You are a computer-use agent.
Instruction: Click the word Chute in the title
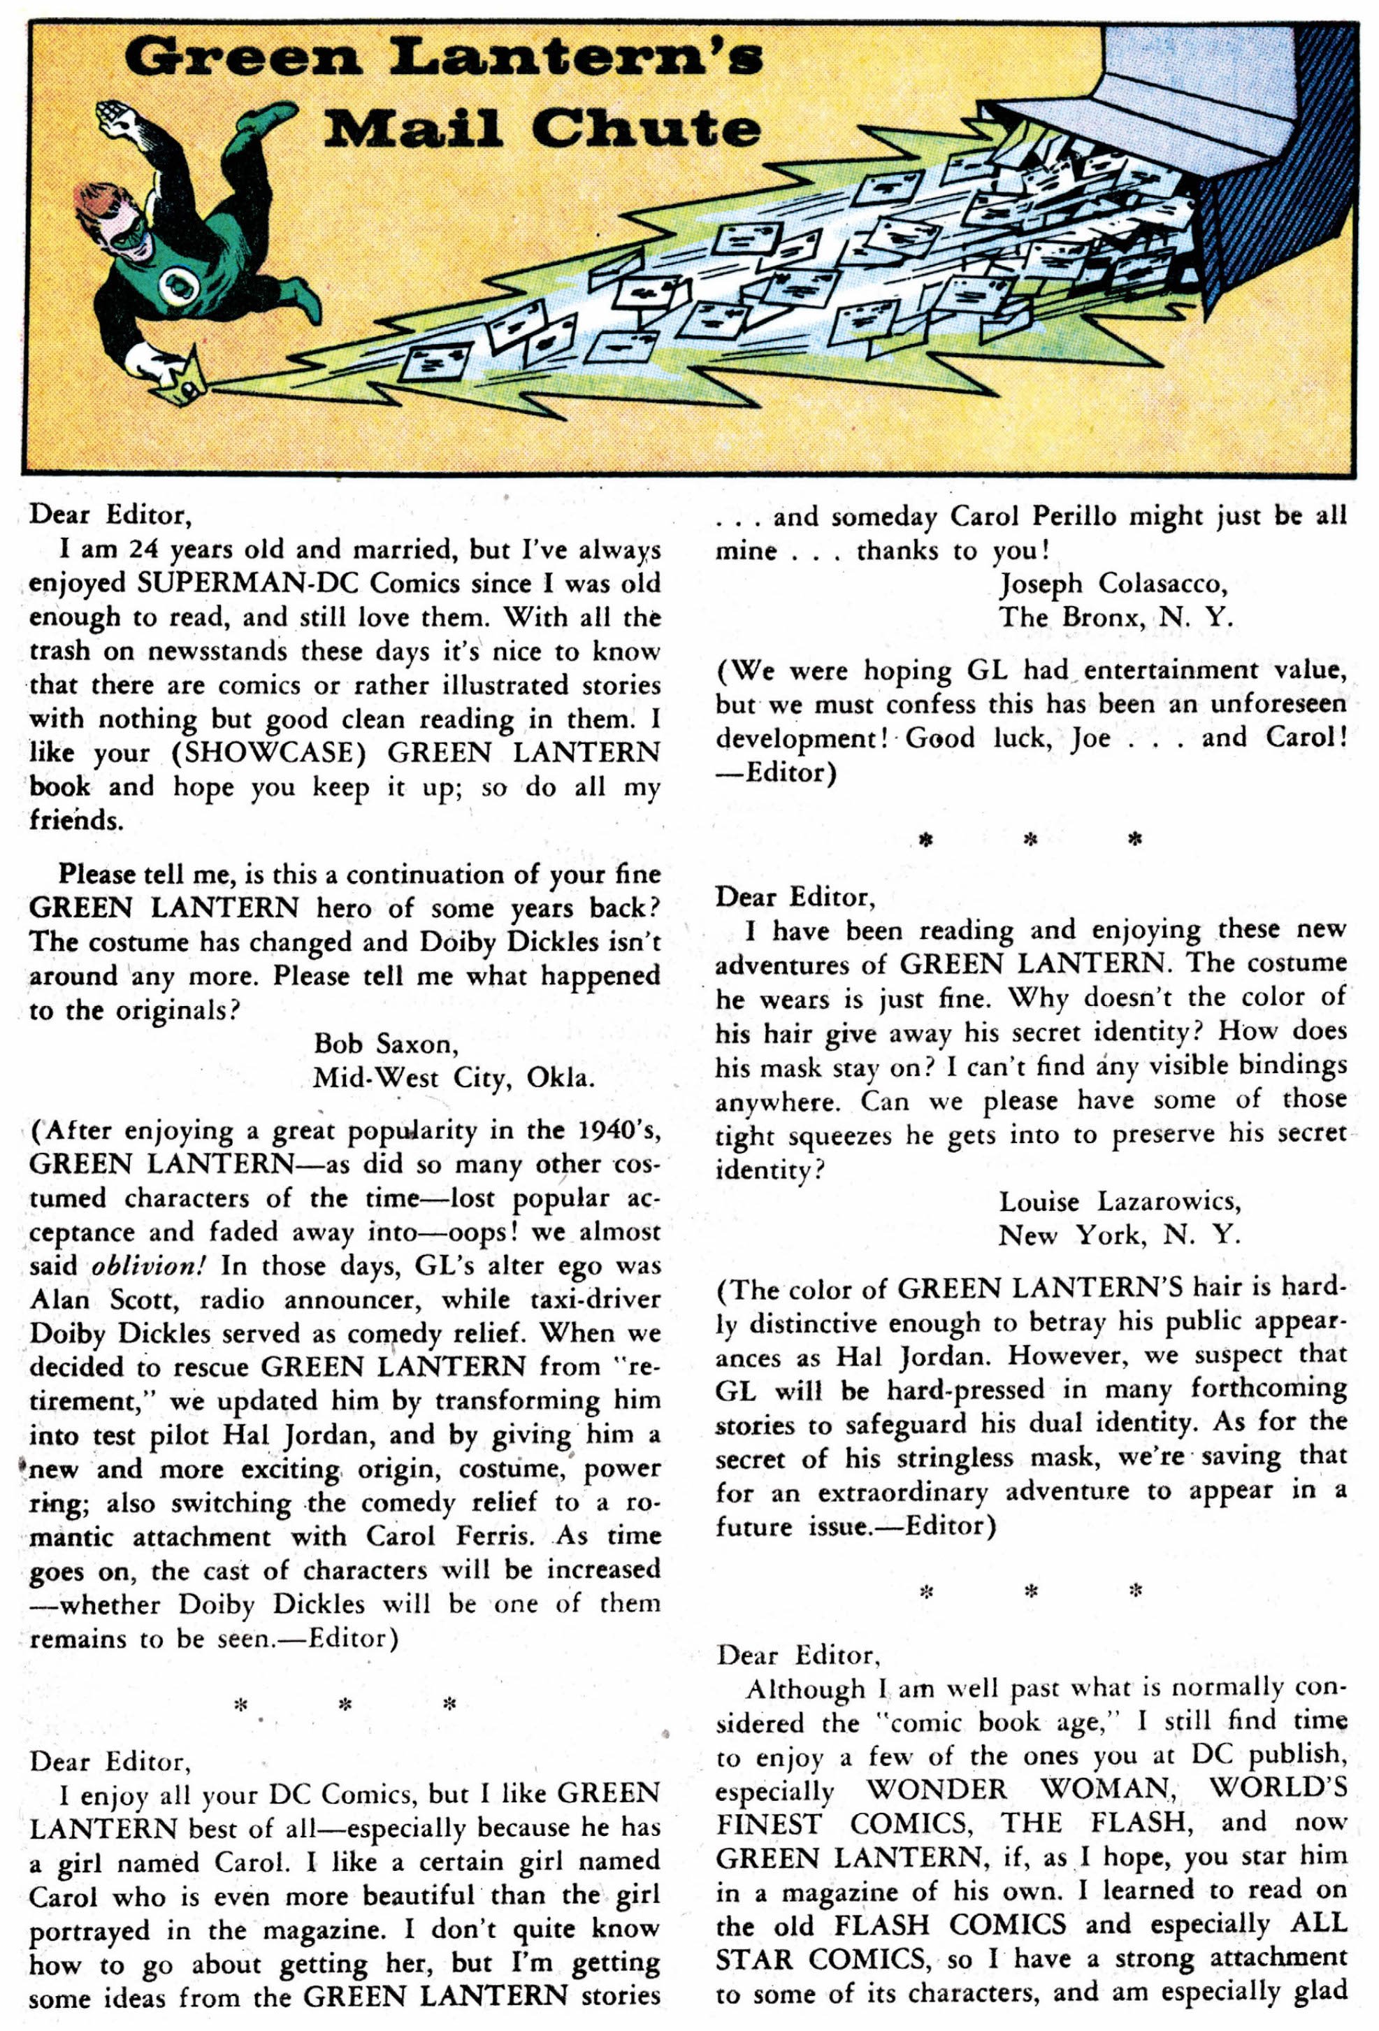pyautogui.click(x=646, y=129)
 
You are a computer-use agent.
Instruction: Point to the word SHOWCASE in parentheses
pyautogui.click(x=266, y=754)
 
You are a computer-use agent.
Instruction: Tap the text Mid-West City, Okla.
pyautogui.click(x=454, y=1077)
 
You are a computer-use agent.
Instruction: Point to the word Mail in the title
pyautogui.click(x=414, y=129)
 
